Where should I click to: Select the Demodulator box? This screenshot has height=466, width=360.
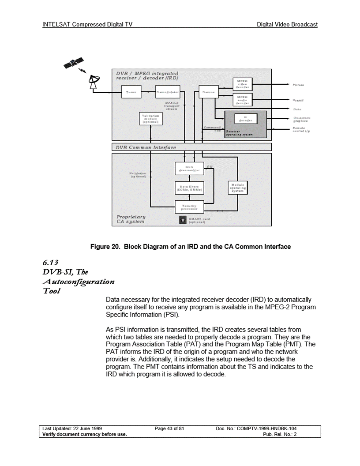point(168,92)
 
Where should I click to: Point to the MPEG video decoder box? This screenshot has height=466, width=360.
point(242,84)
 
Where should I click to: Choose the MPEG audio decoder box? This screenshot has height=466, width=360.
point(242,100)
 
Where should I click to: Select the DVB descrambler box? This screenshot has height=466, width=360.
point(189,168)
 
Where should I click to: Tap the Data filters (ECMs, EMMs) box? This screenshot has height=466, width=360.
point(189,188)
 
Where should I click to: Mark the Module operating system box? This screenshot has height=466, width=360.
point(237,188)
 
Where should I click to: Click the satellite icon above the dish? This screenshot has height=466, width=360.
point(73,64)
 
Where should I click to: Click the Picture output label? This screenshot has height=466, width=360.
point(299,84)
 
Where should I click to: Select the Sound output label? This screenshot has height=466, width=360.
point(298,100)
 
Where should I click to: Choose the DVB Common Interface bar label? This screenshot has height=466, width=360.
point(146,147)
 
